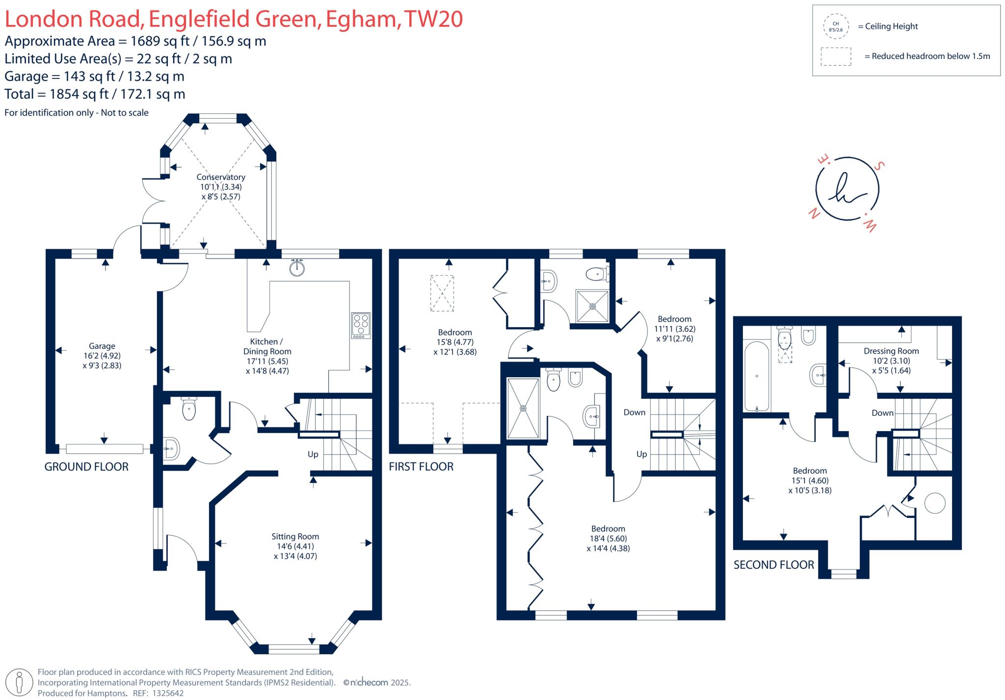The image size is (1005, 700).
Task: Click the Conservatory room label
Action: pos(221,177)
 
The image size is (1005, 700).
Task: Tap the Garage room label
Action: pos(102,346)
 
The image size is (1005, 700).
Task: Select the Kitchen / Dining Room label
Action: pos(267,346)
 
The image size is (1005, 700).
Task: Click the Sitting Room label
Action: pos(295,537)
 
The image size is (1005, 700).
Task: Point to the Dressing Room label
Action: pos(891,351)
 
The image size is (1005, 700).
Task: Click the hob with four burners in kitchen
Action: pos(361,325)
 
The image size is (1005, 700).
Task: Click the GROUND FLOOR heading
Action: pos(86,467)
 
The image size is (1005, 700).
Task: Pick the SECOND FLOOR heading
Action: pos(773,565)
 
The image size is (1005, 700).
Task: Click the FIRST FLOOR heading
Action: pos(421,467)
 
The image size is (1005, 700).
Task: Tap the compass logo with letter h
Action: pos(847,189)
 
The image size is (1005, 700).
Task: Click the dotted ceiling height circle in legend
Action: pos(835,26)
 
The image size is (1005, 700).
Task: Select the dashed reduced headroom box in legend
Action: pos(835,56)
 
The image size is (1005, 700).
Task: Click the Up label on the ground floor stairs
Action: pos(313,454)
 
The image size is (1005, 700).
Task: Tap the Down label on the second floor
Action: pos(882,413)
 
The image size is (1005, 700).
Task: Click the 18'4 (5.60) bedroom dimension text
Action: pos(608,538)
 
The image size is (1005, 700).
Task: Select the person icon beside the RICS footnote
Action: pos(19,682)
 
